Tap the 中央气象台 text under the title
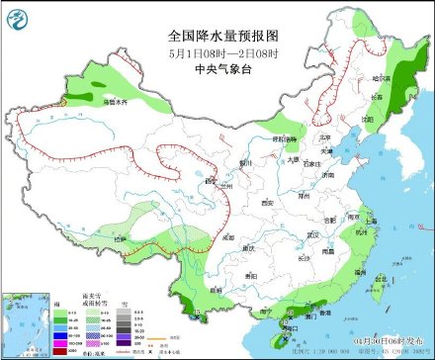tap(217, 68)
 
